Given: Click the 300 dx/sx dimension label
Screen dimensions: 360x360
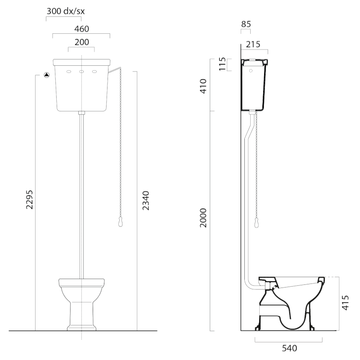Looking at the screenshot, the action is [x=66, y=11].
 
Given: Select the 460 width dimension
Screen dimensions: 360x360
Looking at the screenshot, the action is [x=81, y=29].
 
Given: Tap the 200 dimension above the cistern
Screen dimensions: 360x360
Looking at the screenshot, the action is [x=82, y=42].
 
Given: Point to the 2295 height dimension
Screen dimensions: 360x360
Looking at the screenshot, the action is [x=29, y=199].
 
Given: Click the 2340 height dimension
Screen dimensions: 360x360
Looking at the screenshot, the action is [x=145, y=200].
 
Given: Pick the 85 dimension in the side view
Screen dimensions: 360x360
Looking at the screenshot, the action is [x=246, y=24].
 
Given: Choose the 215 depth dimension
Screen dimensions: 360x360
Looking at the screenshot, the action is [x=253, y=44].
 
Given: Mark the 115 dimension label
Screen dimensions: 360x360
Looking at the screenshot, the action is [x=222, y=64].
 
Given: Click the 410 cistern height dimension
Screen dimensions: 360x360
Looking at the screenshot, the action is [x=203, y=86].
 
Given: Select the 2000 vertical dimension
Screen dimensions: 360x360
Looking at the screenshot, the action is [x=203, y=218].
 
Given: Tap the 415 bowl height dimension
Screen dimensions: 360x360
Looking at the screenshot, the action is [x=345, y=303].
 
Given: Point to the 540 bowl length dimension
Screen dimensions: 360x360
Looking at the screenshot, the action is [x=289, y=348].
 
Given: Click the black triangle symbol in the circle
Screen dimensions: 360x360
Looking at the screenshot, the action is [x=47, y=75].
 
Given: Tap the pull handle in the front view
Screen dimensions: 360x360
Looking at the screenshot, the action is [x=120, y=222].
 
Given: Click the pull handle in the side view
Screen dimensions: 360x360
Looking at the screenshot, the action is [x=256, y=223].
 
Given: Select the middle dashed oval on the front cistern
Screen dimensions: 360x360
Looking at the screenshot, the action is [x=81, y=72].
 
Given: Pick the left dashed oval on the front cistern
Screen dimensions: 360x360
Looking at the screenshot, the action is [x=69, y=72].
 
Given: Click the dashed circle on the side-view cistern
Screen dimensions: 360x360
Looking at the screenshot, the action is [x=251, y=71].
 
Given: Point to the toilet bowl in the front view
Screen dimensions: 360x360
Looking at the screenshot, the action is [x=81, y=305].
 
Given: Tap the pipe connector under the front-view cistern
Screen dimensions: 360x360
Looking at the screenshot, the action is [x=81, y=113].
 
